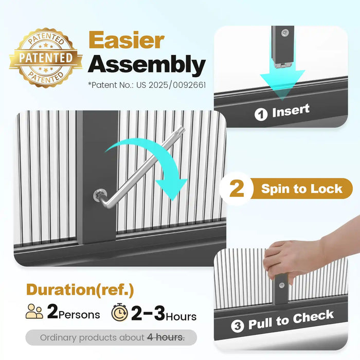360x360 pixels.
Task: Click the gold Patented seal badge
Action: [x=46, y=58]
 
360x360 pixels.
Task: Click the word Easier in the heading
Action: [x=127, y=40]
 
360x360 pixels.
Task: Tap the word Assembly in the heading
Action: [x=147, y=64]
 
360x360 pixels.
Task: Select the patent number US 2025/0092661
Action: [x=171, y=85]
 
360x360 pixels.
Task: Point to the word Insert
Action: [x=291, y=111]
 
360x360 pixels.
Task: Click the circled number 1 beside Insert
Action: [x=261, y=114]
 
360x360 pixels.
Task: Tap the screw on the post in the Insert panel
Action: [x=285, y=33]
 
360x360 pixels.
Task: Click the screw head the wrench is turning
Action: [x=99, y=195]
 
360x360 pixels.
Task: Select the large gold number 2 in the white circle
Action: [x=237, y=188]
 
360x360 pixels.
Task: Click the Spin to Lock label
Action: [x=302, y=189]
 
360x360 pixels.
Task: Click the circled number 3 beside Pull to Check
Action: [x=238, y=326]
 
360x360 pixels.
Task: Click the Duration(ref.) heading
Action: [x=80, y=290]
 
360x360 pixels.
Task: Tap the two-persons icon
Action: [x=34, y=311]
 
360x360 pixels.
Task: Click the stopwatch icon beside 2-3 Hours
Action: [x=120, y=312]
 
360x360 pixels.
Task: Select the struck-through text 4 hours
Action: [x=166, y=337]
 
